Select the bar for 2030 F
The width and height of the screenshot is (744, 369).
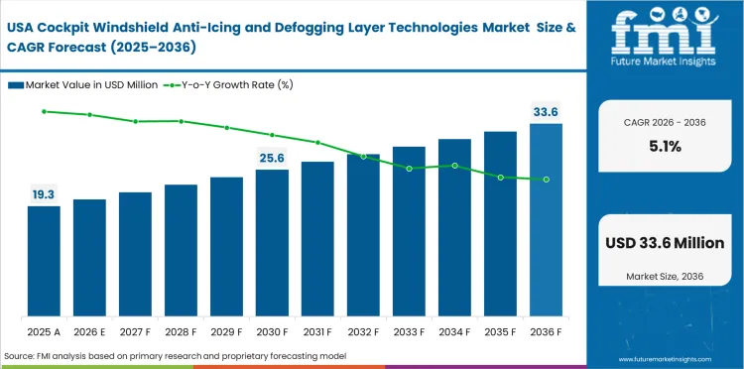(x=272, y=242)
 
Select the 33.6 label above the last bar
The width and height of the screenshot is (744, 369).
(x=546, y=112)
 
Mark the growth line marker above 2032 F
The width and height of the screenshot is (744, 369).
(x=363, y=157)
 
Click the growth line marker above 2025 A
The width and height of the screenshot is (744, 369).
(x=44, y=111)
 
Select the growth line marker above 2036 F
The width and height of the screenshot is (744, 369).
(x=546, y=180)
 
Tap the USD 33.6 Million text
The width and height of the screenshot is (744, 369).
(x=665, y=243)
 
